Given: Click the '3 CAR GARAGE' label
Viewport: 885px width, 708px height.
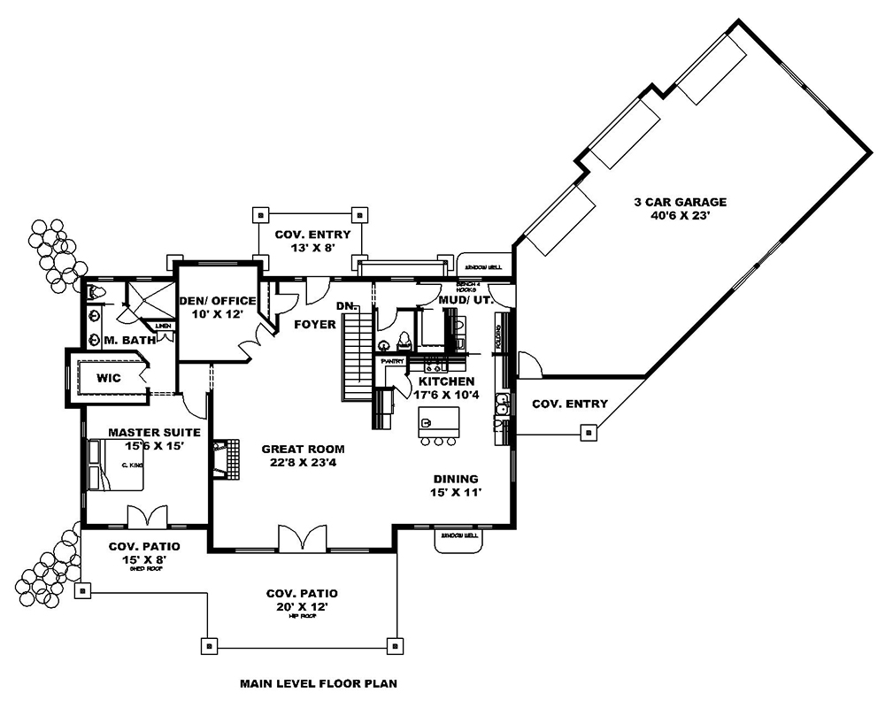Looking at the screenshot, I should (x=679, y=201).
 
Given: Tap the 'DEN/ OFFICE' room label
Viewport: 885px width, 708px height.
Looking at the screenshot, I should (x=217, y=301).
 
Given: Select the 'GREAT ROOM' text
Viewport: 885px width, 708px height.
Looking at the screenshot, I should (x=303, y=449).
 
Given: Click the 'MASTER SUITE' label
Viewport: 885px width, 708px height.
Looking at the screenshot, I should (x=154, y=432).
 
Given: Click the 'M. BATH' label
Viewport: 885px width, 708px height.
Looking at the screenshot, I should (x=129, y=341).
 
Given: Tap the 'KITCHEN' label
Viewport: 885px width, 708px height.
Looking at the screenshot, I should (x=446, y=381).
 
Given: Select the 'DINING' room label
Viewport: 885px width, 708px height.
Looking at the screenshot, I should (x=456, y=479).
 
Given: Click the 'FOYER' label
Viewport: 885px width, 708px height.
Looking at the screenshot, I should (x=315, y=325).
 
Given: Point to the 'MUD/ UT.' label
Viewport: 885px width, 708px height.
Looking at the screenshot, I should (x=465, y=301).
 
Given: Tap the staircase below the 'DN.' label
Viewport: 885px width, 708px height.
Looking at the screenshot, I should (x=358, y=358).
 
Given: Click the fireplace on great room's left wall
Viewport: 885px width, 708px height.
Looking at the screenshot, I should (x=227, y=459).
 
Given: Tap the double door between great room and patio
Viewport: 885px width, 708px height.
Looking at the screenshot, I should (x=303, y=537).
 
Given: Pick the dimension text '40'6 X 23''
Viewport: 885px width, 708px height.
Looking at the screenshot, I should (x=679, y=214).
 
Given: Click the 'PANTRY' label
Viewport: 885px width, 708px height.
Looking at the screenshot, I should (x=392, y=361).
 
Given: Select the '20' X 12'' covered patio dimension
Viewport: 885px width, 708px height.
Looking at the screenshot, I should (x=302, y=607).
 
